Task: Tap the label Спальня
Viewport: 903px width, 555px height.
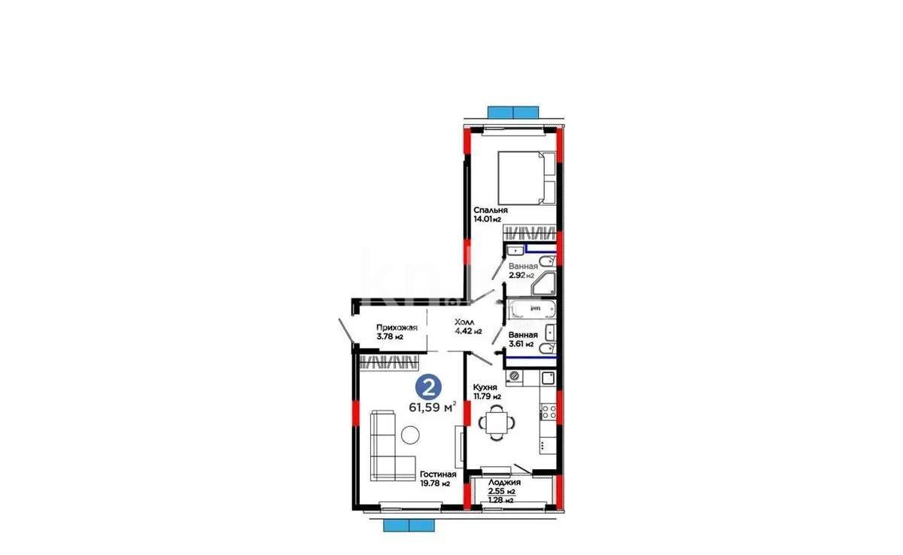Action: click(x=490, y=210)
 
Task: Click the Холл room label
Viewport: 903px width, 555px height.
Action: click(x=464, y=322)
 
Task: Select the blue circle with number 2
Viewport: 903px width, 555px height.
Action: click(x=428, y=389)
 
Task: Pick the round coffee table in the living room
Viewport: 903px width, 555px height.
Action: click(x=410, y=435)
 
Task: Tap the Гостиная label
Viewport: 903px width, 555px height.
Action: click(x=439, y=474)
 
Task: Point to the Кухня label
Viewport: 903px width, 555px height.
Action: click(x=486, y=386)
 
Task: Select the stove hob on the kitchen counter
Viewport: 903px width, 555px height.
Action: click(x=549, y=413)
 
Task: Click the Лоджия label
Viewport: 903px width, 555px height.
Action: click(x=502, y=483)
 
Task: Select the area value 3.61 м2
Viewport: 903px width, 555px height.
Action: click(x=521, y=344)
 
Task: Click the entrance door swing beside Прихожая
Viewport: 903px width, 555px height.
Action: click(x=345, y=331)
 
